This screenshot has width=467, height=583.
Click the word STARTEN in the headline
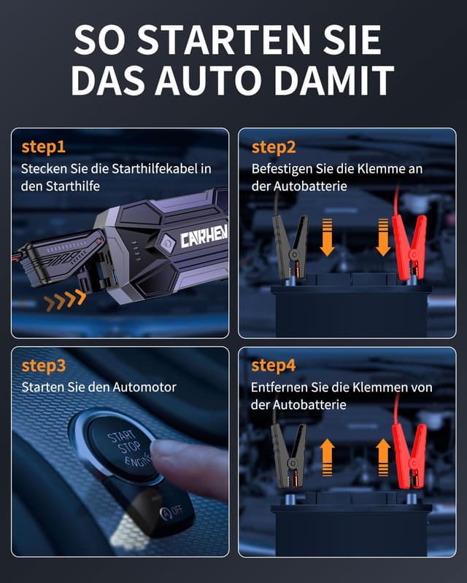[x=225, y=39]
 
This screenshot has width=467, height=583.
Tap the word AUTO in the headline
[x=208, y=80]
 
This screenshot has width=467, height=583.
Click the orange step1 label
[x=44, y=147]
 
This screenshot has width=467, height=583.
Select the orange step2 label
[x=274, y=147]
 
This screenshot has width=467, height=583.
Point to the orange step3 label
[x=44, y=366]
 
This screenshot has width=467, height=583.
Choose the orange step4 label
[x=274, y=366]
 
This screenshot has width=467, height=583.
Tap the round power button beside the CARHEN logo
[x=167, y=243]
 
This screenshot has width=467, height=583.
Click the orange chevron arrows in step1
[x=65, y=300]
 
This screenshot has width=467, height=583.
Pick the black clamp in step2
[x=290, y=247]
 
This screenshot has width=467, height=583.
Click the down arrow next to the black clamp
[x=327, y=238]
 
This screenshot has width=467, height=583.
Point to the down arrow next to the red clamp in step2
[x=382, y=238]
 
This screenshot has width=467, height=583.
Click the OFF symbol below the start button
[x=171, y=512]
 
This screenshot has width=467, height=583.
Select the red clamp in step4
[x=409, y=456]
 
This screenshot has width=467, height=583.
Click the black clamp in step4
[x=289, y=456]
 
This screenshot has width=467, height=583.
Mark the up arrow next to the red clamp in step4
[x=383, y=458]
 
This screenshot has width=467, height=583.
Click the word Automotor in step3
[x=144, y=388]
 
